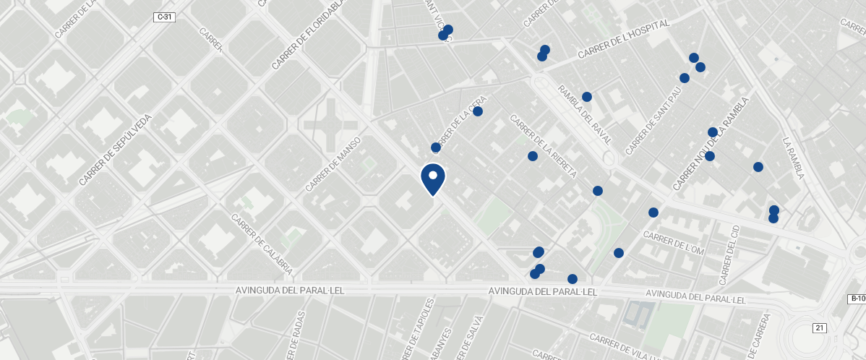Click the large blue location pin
[433, 179]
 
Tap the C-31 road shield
[164, 17]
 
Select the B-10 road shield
[857, 299]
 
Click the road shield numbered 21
[819, 328]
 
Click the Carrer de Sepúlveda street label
[116, 150]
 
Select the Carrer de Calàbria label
[262, 244]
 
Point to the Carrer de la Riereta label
[543, 145]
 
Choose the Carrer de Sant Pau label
[653, 121]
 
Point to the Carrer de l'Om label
[673, 244]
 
